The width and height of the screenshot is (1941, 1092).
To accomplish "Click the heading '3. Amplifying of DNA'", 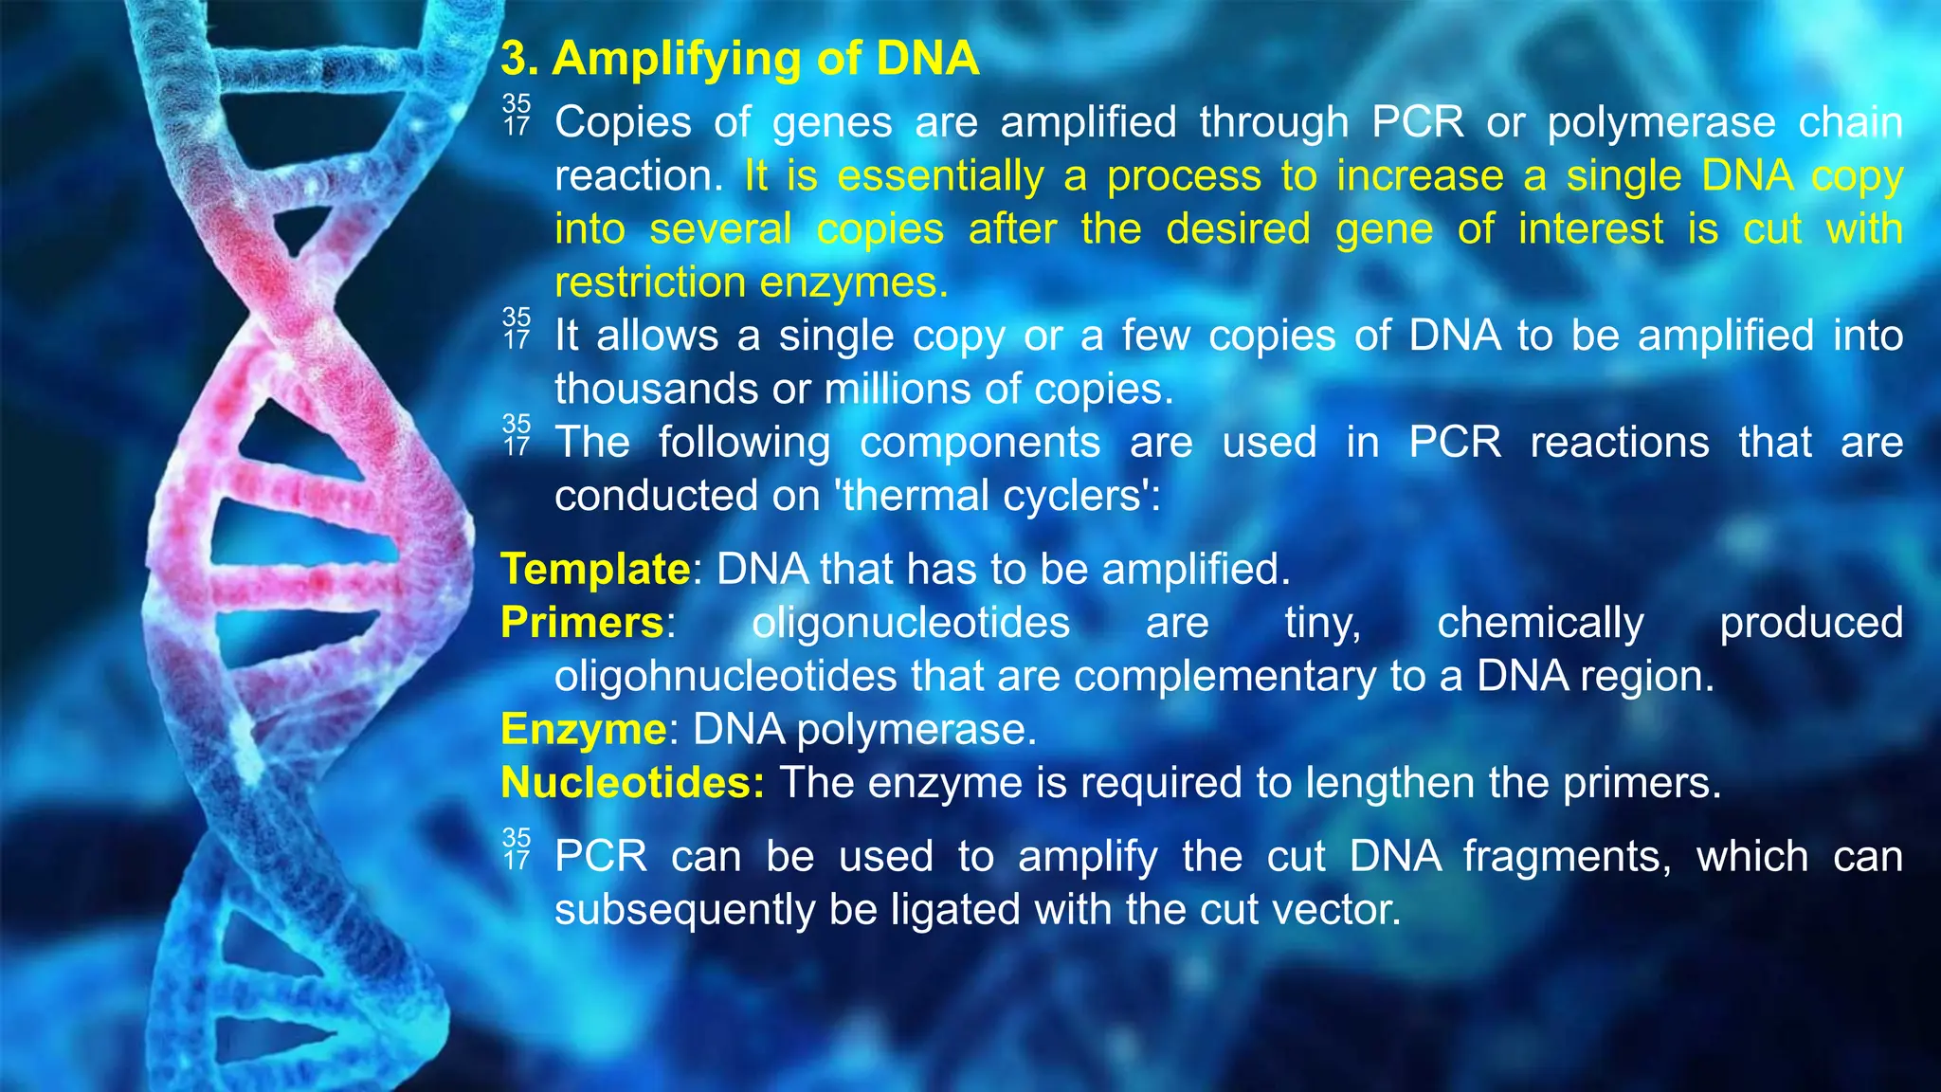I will pyautogui.click(x=739, y=59).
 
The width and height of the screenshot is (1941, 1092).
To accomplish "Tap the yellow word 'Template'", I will pyautogui.click(x=595, y=570).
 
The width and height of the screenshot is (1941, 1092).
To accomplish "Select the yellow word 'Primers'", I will pyautogui.click(x=582, y=623).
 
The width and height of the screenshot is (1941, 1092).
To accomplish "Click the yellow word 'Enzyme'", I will pyautogui.click(x=584, y=730).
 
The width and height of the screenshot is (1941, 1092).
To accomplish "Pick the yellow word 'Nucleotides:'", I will pyautogui.click(x=632, y=783).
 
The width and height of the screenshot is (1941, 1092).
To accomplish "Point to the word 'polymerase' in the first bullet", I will pyautogui.click(x=1660, y=123).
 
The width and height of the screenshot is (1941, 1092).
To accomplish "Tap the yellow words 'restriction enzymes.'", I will pyautogui.click(x=751, y=283).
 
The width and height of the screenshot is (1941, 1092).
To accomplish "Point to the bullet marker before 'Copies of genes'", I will pyautogui.click(x=517, y=115).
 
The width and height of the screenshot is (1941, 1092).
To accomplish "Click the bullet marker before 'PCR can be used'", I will pyautogui.click(x=517, y=849).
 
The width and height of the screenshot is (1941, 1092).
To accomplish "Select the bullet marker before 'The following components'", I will pyautogui.click(x=517, y=435).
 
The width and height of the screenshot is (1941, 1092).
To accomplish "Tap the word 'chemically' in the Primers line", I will pyautogui.click(x=1540, y=624).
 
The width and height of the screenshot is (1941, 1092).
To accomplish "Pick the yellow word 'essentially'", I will pyautogui.click(x=940, y=177).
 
